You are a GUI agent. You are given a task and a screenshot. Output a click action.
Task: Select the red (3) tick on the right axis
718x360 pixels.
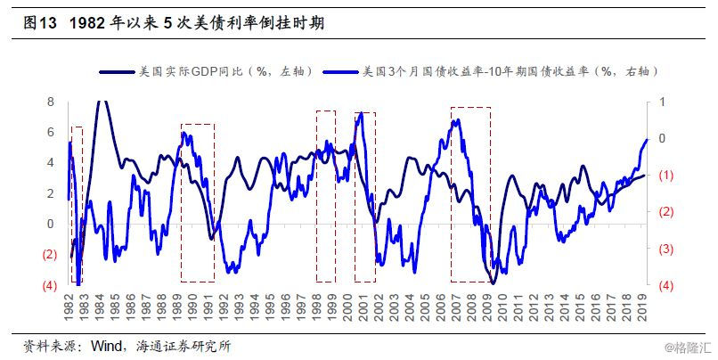(x=665, y=249)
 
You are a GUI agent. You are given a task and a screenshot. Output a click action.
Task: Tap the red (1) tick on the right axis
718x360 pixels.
(x=665, y=176)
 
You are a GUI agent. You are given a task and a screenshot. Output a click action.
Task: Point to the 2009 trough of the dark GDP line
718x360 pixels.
(x=493, y=282)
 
